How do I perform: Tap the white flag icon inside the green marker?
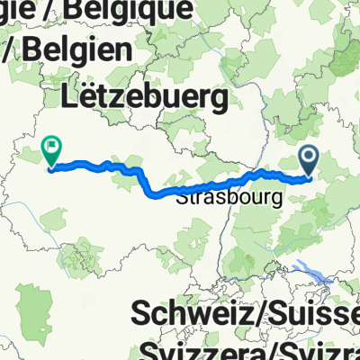[51, 145]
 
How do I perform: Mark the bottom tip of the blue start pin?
[309, 175]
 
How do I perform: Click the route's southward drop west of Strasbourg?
[148, 180]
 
